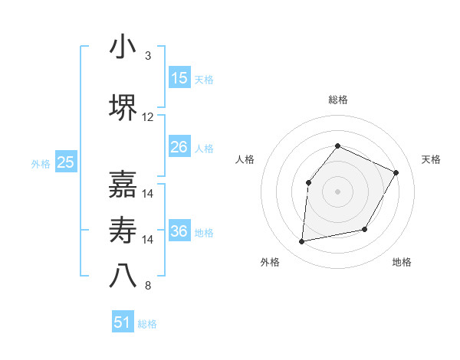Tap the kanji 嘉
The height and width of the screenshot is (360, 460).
123,184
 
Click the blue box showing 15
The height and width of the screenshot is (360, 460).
179,78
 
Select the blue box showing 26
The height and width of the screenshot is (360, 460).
179,147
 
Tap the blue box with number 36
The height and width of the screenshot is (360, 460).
179,231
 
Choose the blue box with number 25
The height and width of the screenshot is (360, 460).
66,162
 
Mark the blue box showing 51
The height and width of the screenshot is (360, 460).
123,322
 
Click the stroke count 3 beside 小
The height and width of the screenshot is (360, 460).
148,56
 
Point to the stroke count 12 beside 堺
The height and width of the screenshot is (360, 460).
148,117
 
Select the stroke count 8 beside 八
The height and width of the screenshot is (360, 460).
148,286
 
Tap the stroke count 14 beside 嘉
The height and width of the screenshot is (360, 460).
148,194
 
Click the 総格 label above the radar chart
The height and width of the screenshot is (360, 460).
337,100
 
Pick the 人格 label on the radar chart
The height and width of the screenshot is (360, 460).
245,159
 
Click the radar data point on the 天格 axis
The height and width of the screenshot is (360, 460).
396,172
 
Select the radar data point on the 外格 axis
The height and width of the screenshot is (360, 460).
302,242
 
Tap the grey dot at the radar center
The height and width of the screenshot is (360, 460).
337,191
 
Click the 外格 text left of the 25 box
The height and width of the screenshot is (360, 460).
40,163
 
